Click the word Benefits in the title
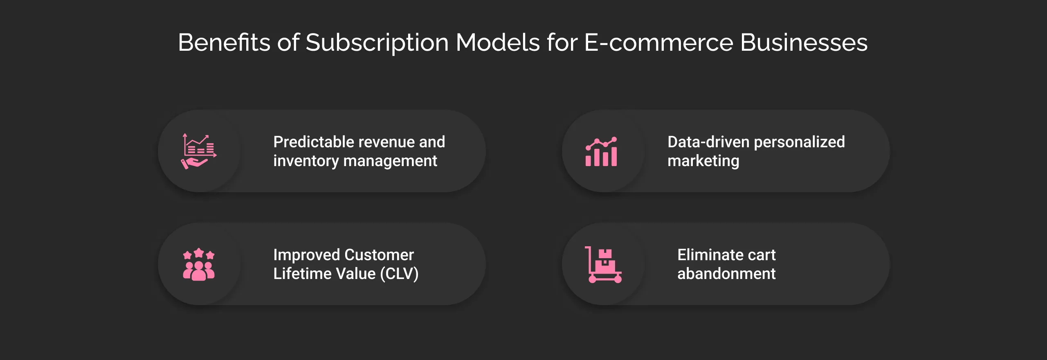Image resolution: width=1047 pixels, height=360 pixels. [224, 43]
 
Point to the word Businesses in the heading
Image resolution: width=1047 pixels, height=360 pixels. [804, 43]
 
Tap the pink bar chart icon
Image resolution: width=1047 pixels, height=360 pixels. [601, 152]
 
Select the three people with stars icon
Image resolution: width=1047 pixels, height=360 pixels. [199, 264]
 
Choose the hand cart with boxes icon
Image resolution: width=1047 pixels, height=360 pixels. [603, 265]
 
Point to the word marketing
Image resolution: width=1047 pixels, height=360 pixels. [703, 161]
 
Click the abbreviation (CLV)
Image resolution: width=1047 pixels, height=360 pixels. [399, 274]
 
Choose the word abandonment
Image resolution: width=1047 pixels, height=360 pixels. [726, 274]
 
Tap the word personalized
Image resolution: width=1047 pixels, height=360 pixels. [799, 142]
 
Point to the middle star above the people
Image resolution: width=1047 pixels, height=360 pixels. [199, 253]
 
